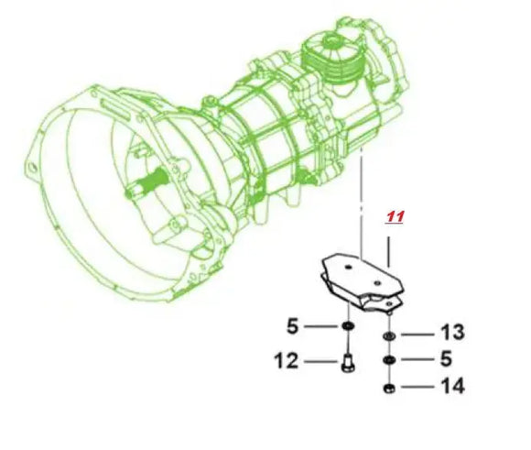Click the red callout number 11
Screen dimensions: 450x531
point(395,217)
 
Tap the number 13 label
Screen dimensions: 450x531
point(451,331)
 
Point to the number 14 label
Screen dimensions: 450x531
point(451,387)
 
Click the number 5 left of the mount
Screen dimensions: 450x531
point(292,325)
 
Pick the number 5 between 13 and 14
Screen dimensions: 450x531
point(446,359)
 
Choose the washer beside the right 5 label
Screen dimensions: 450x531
point(389,360)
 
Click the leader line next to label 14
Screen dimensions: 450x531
point(417,388)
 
